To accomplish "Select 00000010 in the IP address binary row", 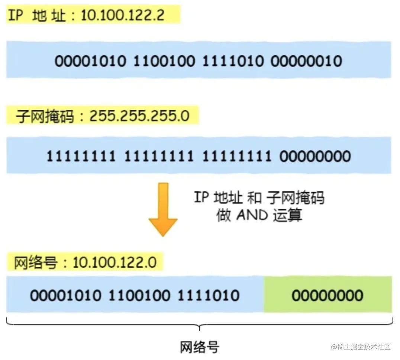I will (x=306, y=61).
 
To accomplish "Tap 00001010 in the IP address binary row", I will (x=90, y=61).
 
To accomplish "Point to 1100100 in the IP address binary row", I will (x=164, y=61).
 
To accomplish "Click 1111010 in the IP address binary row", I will (x=233, y=61).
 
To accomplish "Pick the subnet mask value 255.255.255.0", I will (x=139, y=117).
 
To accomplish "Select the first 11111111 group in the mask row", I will (x=81, y=156).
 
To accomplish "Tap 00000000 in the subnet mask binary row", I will (x=315, y=156).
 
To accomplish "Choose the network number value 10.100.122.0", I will (x=114, y=263).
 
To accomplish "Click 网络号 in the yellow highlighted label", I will (x=36, y=263).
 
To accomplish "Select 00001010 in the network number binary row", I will (x=66, y=296).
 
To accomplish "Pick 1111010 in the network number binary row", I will (x=208, y=296).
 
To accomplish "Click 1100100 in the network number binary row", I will (x=139, y=296).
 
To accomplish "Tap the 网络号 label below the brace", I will (x=200, y=347).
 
